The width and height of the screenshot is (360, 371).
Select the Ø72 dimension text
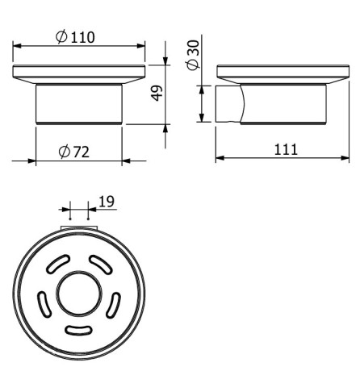coord(73,152)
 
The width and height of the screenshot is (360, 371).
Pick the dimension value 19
coord(106,202)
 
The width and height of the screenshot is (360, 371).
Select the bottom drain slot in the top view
coord(79,329)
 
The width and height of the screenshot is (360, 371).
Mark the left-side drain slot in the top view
coord(44,304)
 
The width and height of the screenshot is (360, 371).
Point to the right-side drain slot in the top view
coord(114,304)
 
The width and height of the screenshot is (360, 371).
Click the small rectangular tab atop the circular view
coord(79,231)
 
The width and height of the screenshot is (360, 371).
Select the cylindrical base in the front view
coord(79,102)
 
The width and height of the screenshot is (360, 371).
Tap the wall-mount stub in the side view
coord(228,103)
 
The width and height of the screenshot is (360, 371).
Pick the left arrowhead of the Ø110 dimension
coord(16,45)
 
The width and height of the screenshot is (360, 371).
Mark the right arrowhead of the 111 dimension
coord(345,158)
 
